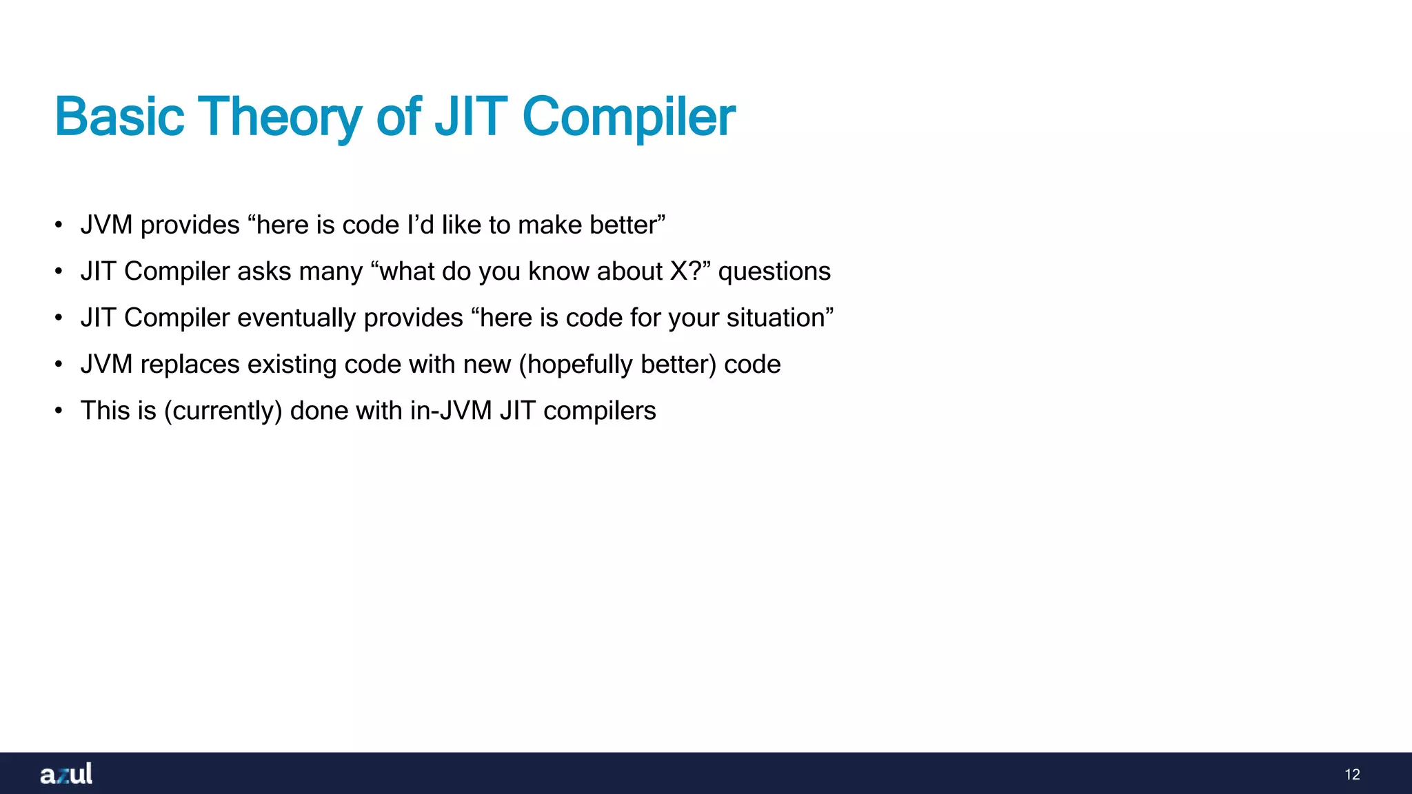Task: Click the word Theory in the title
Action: pos(279,117)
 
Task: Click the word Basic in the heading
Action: pos(119,117)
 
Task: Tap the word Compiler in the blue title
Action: pos(628,117)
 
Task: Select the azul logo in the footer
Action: pos(66,774)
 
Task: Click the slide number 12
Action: pos(1352,775)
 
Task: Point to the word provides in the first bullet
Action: pos(190,225)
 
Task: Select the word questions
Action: pos(774,272)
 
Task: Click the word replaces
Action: pos(190,364)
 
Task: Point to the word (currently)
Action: pos(223,411)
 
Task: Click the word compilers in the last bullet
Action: pos(599,411)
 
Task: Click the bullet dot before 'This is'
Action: pos(59,411)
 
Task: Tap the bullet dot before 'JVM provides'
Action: pos(59,226)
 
